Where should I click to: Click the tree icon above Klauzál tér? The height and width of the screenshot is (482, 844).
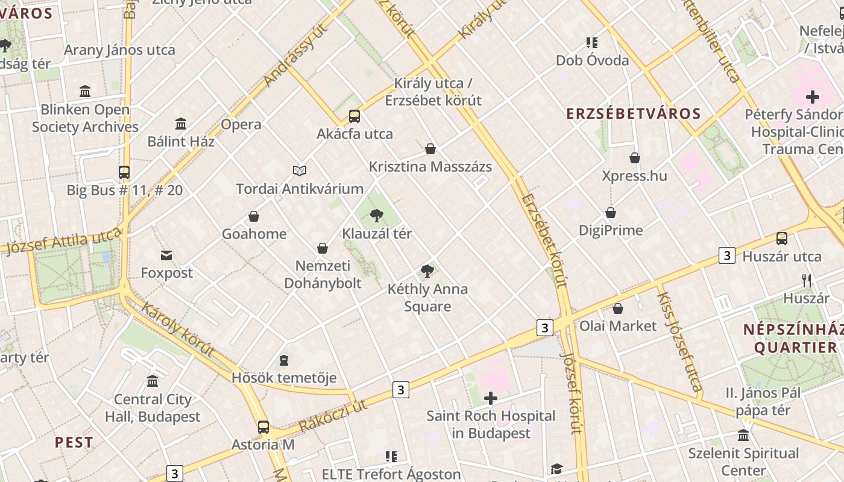377,214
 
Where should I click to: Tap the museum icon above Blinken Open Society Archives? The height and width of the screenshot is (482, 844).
85,92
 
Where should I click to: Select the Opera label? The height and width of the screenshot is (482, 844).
241,125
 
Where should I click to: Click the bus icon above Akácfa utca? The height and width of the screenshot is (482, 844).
354,116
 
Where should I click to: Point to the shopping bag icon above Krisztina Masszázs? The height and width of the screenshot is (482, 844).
430,149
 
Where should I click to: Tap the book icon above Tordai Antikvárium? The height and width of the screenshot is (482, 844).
300,171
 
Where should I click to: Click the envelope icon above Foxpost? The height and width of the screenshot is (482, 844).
166,255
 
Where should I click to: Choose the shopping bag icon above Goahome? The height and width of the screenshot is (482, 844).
254,216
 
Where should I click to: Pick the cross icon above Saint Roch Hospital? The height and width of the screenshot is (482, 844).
491,398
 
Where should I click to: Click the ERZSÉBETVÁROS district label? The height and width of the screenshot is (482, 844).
634,114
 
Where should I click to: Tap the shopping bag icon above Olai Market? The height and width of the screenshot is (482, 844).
618,308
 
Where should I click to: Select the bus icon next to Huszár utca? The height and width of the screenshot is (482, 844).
782,239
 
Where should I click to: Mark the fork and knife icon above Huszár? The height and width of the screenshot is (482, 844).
807,280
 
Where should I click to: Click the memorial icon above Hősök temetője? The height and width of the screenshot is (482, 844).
284,360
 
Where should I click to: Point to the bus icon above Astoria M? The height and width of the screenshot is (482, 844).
263,427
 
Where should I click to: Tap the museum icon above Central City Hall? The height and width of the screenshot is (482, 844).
153,381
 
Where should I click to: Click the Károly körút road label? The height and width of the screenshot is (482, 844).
178,329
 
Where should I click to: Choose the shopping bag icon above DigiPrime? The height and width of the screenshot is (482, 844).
611,213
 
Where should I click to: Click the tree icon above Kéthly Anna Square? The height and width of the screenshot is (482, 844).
427,271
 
